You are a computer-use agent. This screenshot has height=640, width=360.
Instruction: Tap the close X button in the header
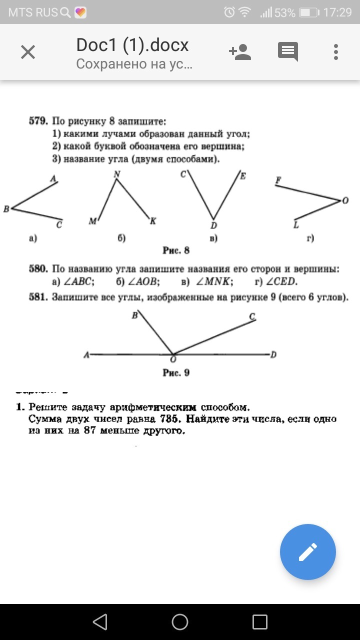pyautogui.click(x=28, y=51)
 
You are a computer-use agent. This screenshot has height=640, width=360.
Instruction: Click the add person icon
pyautogui.click(x=239, y=51)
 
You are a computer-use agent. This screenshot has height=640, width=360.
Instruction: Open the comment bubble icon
pyautogui.click(x=288, y=51)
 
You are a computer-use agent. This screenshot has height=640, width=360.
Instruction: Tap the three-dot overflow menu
pyautogui.click(x=335, y=51)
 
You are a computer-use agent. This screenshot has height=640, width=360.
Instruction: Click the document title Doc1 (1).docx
pyautogui.click(x=132, y=45)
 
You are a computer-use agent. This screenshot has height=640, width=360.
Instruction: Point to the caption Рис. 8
pyautogui.click(x=176, y=250)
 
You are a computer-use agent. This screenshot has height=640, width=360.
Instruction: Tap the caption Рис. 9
pyautogui.click(x=176, y=373)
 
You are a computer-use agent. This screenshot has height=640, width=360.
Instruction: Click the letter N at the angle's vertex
pyautogui.click(x=117, y=174)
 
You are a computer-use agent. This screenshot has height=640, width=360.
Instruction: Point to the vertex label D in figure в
pyautogui.click(x=213, y=225)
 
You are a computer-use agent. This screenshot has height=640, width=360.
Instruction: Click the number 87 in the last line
pyautogui.click(x=90, y=430)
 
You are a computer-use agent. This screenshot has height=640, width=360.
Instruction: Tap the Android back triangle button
pyautogui.click(x=100, y=622)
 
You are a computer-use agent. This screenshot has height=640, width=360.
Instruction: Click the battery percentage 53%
pyautogui.click(x=284, y=12)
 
